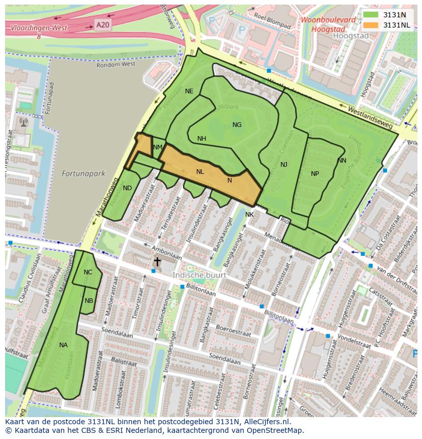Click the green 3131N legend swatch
[372, 15]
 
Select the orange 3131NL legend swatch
[372, 25]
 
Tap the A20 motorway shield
[102, 24]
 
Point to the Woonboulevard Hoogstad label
[328, 24]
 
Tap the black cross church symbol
[157, 262]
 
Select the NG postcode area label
[237, 125]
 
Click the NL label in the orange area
[200, 172]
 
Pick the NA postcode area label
[63, 345]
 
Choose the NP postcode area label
[315, 174]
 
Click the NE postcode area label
[189, 91]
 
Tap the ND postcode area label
[127, 188]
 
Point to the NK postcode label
[249, 215]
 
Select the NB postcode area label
[89, 301]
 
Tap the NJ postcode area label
[284, 165]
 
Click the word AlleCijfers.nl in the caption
[265, 422]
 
